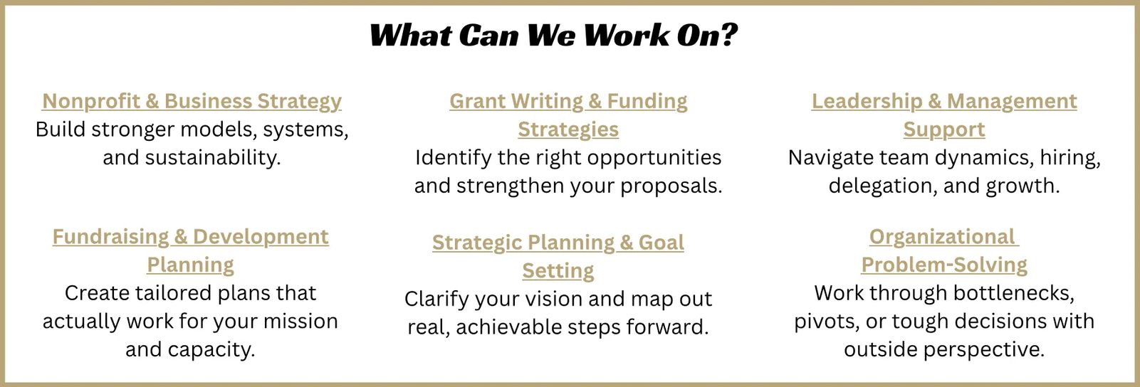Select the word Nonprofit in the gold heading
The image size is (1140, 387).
90,102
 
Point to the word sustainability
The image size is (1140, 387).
213,158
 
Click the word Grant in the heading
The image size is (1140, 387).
478,101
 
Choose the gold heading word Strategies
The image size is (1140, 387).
568,129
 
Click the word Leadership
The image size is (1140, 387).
867,102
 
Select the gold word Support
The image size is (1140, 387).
944,129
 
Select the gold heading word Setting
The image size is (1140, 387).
558,271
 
